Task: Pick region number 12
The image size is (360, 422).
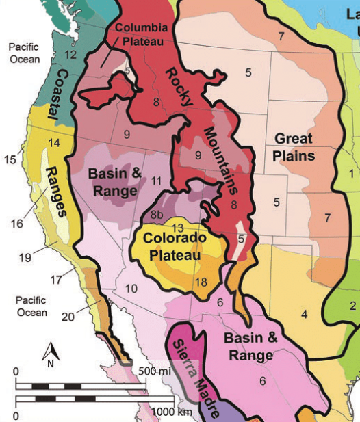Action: pyautogui.click(x=69, y=55)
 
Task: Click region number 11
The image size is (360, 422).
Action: pyautogui.click(x=157, y=181)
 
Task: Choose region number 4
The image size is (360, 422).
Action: pyautogui.click(x=303, y=314)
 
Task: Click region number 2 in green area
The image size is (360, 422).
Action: pyautogui.click(x=353, y=305)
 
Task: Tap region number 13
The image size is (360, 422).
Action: pyautogui.click(x=177, y=227)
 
